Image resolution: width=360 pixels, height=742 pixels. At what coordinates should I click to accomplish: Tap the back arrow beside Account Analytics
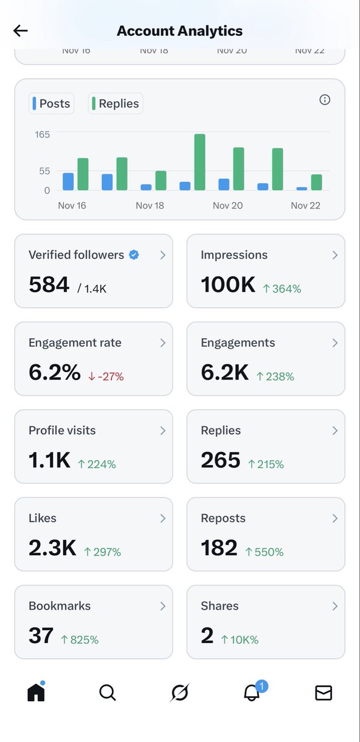click(20, 31)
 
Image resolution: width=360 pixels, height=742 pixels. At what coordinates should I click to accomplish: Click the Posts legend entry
click(51, 103)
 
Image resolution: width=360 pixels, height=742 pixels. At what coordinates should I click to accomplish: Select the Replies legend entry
click(116, 103)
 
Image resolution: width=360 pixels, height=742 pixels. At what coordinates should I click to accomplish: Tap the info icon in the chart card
click(325, 100)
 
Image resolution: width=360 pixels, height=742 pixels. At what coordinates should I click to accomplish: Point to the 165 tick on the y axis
click(43, 134)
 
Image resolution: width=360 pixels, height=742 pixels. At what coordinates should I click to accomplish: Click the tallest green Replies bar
click(199, 162)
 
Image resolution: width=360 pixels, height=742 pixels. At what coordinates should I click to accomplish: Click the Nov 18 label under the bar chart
click(150, 205)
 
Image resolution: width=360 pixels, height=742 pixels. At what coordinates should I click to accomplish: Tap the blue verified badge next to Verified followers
click(134, 255)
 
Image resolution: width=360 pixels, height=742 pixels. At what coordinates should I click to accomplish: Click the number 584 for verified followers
click(49, 284)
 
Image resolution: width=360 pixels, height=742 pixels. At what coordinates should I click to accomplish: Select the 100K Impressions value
click(228, 284)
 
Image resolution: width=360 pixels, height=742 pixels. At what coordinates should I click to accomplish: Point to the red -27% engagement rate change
click(106, 376)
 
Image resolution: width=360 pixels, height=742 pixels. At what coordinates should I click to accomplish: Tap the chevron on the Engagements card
click(335, 343)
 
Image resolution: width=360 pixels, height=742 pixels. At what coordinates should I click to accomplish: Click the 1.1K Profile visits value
click(49, 460)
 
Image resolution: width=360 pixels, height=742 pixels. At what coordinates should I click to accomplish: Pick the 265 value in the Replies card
click(220, 460)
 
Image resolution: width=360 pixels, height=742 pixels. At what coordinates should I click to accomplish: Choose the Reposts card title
click(223, 518)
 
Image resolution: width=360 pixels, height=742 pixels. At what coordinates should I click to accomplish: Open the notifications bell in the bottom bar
click(252, 693)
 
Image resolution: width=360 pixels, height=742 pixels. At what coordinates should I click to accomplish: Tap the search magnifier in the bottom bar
click(108, 693)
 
